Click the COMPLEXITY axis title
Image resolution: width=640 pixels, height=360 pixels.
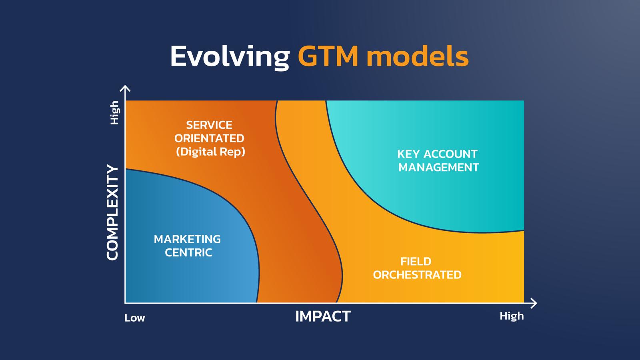point(112,212)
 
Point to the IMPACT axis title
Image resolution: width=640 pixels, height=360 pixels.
point(323,316)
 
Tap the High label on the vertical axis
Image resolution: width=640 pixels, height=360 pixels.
point(114,112)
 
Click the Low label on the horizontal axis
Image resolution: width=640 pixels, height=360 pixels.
point(134,318)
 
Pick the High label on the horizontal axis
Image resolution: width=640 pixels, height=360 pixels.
point(512,316)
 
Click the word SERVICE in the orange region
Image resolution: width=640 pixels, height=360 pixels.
point(209,125)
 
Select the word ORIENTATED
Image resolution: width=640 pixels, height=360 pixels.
point(209,138)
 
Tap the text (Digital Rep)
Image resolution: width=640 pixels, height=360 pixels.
point(210,152)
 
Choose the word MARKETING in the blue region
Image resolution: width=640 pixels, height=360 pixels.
point(187,239)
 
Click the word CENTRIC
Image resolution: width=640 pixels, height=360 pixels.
point(188,252)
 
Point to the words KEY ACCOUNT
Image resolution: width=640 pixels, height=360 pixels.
point(437,154)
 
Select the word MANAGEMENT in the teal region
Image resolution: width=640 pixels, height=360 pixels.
point(438,168)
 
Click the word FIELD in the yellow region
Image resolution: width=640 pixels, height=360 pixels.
point(416,262)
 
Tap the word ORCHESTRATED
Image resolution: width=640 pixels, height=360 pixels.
point(417,275)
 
